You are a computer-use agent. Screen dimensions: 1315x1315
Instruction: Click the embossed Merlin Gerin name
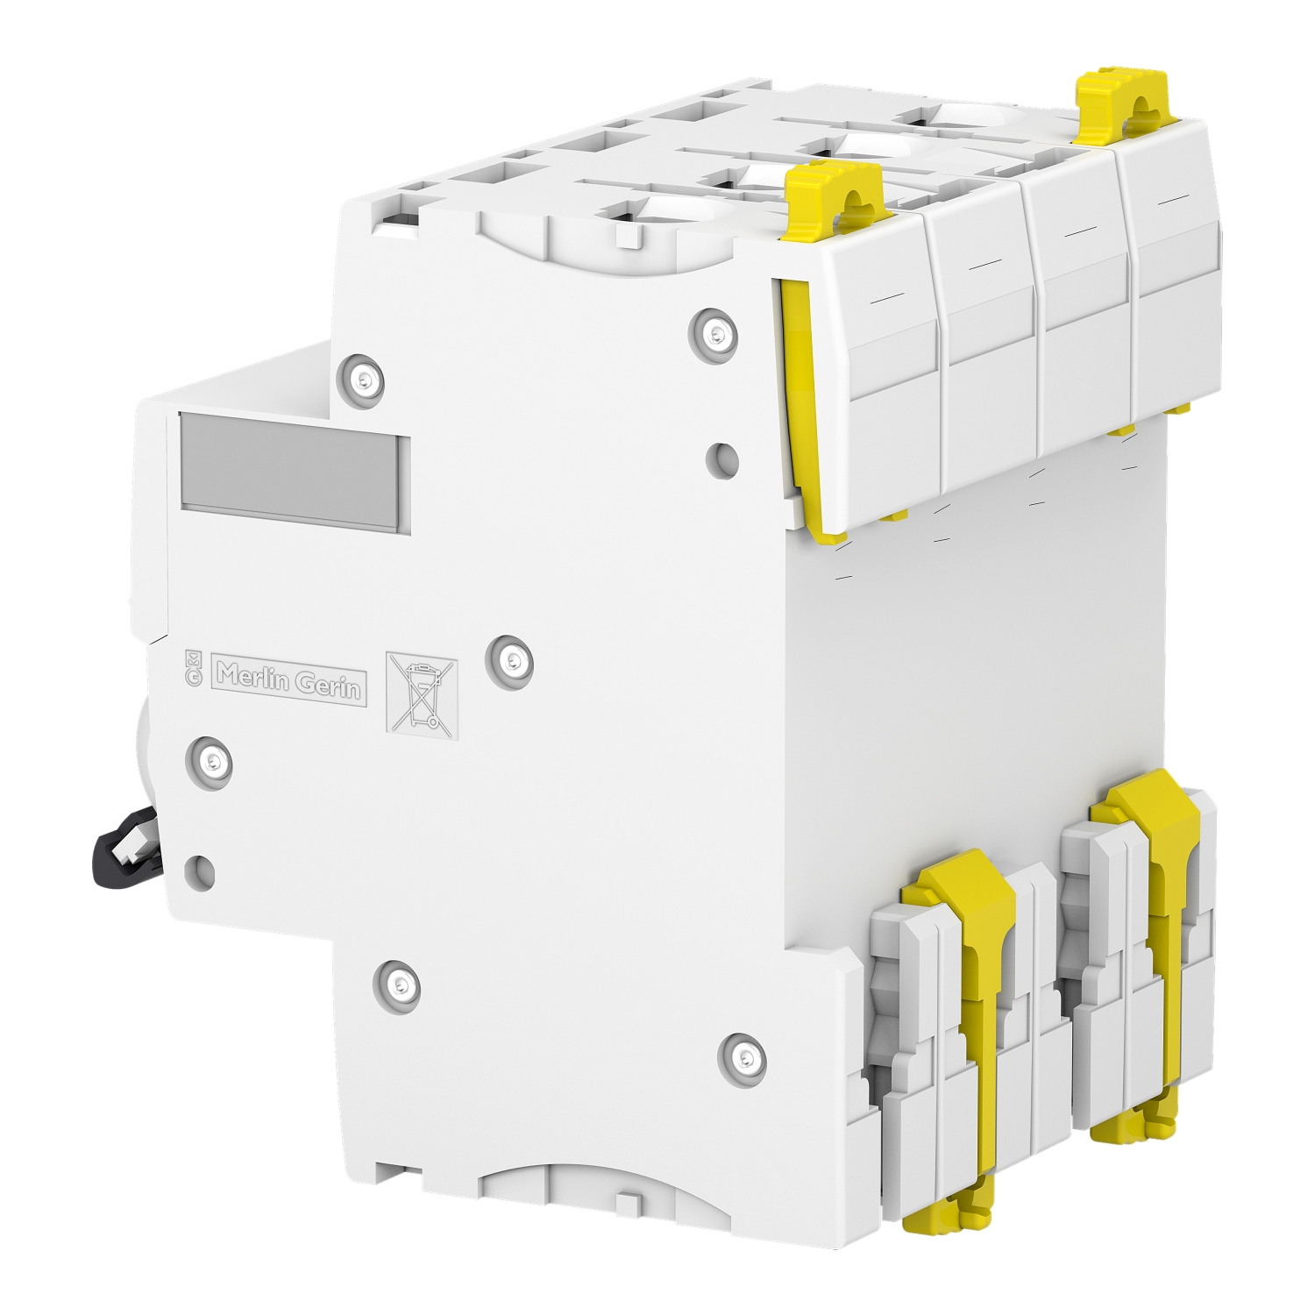(289, 681)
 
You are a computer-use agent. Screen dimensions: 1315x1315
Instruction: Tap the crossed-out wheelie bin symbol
(422, 693)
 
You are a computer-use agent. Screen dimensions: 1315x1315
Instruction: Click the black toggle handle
(123, 842)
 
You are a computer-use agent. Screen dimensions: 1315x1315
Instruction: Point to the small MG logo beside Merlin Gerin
(194, 669)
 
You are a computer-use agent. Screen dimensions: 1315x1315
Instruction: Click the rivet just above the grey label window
(361, 379)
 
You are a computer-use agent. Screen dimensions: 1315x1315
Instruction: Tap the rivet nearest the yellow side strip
(714, 332)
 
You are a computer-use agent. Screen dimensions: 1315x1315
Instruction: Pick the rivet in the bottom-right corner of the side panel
(742, 1056)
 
